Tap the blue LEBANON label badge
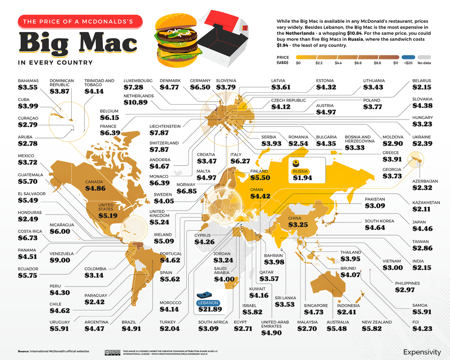point(207,303)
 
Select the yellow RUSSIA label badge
point(301,171)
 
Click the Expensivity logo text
point(422,352)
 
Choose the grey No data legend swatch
point(424,57)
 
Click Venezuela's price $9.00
point(60,260)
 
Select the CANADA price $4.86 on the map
point(95,188)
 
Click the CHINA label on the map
point(294,218)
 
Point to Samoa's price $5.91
point(422,312)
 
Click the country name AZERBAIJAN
point(425,181)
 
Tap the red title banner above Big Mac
point(80,21)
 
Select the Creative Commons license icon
point(112,352)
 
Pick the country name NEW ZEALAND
point(377,322)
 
